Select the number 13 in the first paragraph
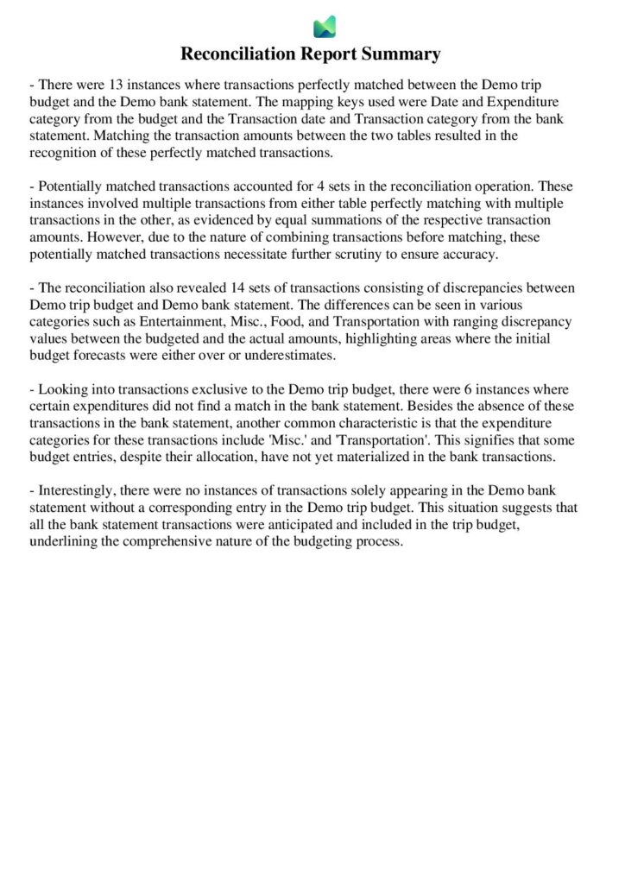[x=117, y=85]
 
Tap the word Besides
[x=414, y=407]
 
